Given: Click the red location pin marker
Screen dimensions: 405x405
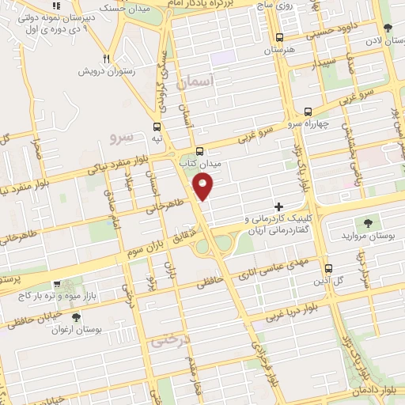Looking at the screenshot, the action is [x=204, y=187].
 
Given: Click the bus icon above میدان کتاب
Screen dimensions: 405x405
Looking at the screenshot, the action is [x=199, y=150].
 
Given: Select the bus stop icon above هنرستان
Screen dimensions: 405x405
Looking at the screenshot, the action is [x=279, y=37].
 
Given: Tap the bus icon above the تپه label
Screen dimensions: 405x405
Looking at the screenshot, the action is [x=157, y=127].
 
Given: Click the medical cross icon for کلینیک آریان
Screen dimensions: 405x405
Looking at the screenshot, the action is [x=278, y=206].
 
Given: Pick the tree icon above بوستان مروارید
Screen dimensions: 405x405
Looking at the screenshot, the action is [x=368, y=222].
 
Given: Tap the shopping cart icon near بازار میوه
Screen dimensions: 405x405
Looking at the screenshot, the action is [x=57, y=283].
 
